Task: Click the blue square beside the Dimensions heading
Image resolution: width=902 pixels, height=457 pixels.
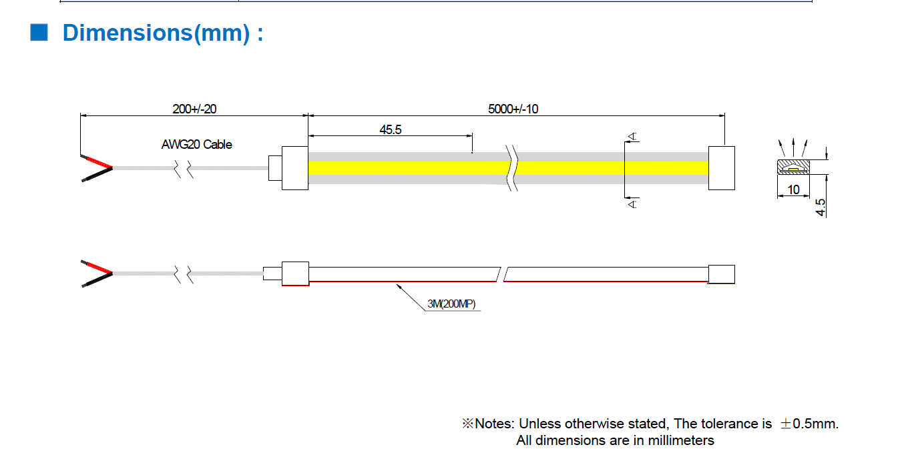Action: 39,32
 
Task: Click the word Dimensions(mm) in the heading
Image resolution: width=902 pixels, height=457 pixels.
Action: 156,33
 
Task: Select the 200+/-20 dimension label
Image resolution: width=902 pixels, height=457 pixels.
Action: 194,109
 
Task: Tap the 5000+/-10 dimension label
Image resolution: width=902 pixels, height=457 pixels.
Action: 513,109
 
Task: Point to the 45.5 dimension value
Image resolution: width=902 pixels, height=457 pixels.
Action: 390,130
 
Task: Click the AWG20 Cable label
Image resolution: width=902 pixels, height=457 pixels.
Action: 196,144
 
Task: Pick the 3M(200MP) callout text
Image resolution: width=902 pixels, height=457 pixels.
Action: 451,304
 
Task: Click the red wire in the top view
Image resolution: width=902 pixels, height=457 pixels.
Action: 97,161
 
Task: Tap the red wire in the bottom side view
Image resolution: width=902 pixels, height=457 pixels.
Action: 97,267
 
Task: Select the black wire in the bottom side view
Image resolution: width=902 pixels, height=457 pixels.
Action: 97,280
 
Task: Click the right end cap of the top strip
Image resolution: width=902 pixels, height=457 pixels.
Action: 722,167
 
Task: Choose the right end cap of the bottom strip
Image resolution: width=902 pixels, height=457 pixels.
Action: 722,274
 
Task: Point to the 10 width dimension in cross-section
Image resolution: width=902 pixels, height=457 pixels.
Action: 793,189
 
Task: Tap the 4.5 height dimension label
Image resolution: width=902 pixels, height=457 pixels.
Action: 821,207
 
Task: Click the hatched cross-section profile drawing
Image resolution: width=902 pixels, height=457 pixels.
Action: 793,167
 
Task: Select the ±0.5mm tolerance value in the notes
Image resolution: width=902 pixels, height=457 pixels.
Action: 809,424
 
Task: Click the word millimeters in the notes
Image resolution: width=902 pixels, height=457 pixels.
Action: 681,440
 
